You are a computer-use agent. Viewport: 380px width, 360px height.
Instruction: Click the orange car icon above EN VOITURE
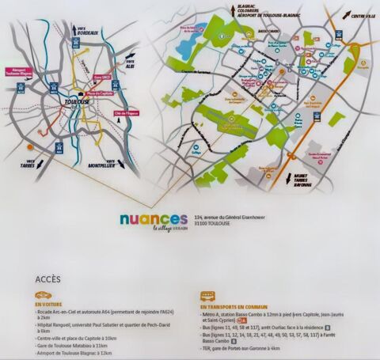pos(47,294)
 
